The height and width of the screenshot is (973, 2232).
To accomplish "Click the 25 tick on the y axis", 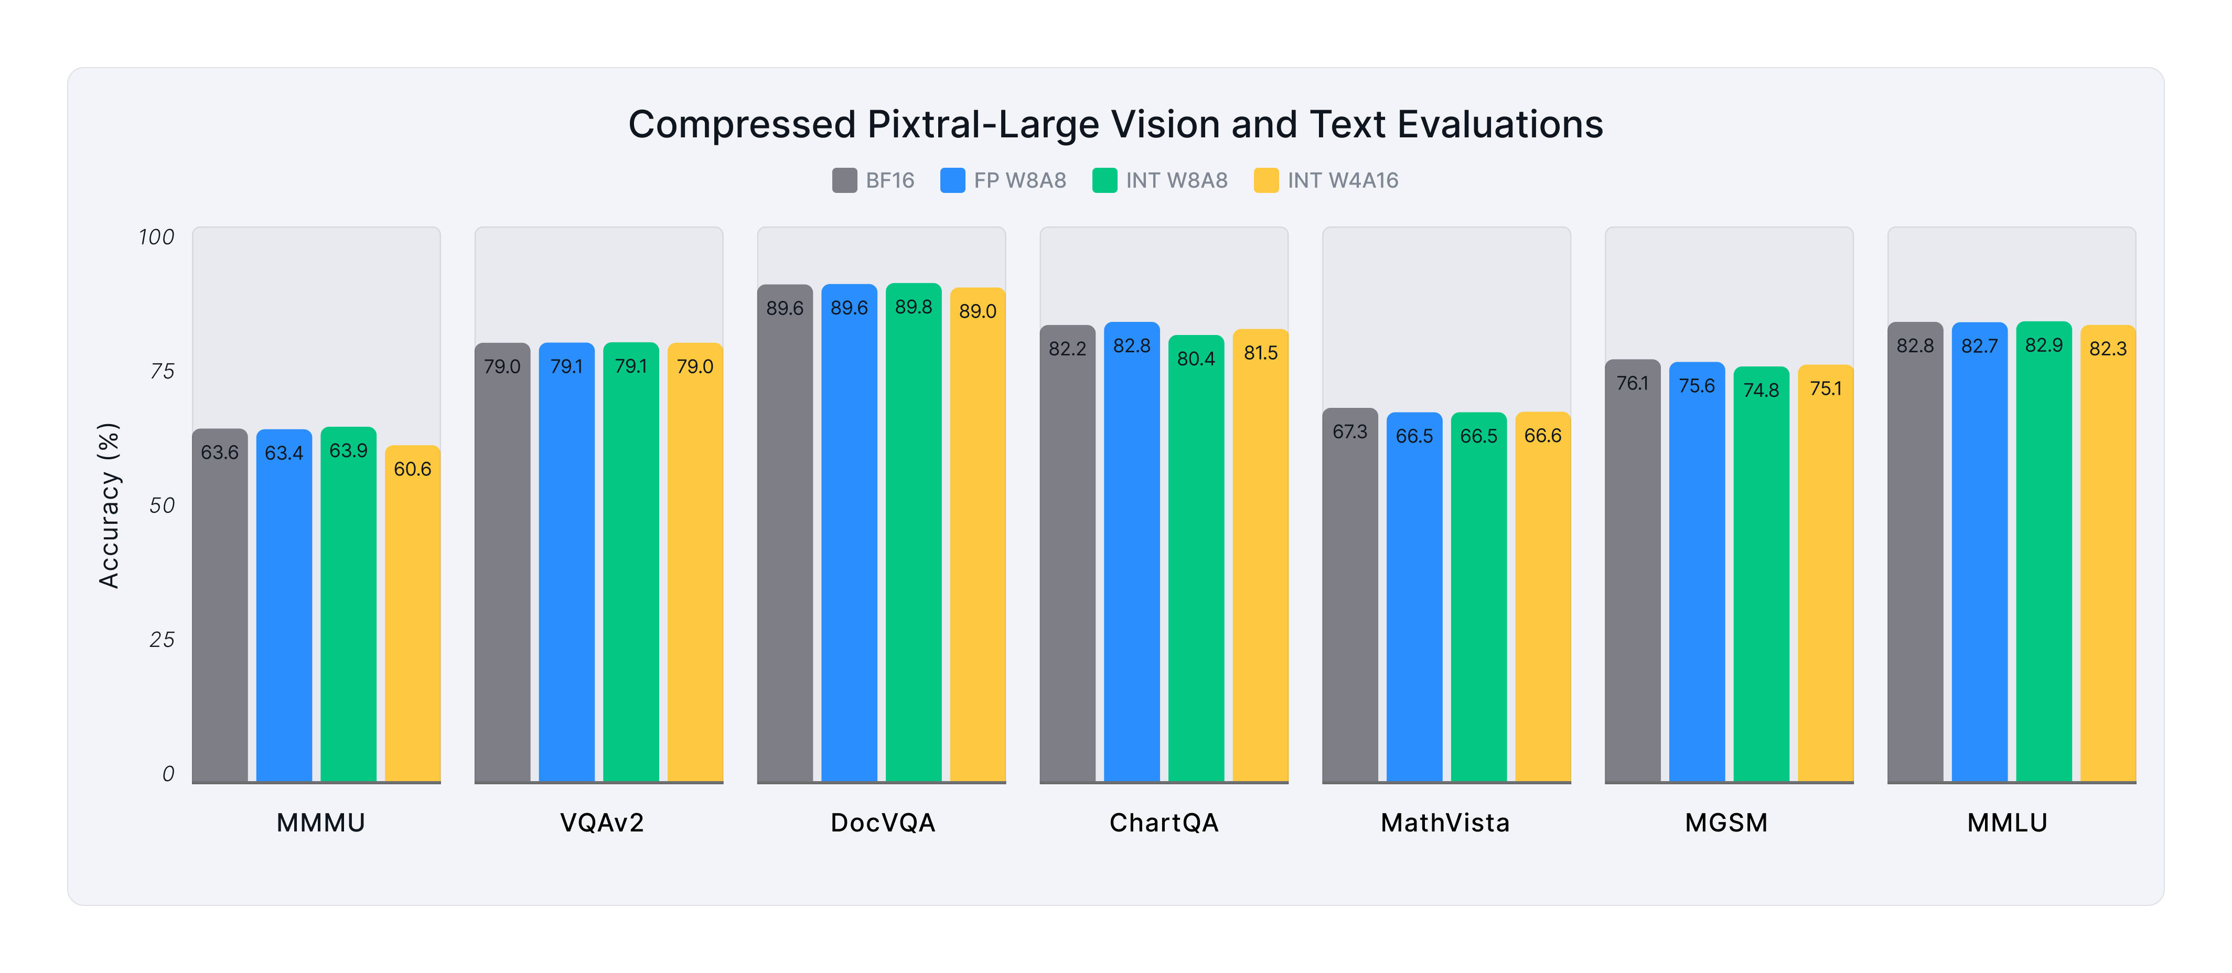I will tap(162, 640).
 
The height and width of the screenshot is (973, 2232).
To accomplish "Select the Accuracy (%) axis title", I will tap(109, 506).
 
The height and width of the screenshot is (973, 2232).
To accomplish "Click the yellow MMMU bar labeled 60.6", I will tap(412, 615).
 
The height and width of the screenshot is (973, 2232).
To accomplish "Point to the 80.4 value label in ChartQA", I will tap(1196, 359).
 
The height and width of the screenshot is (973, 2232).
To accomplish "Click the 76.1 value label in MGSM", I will tap(1633, 383).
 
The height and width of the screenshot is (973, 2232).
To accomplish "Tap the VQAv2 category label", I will tap(602, 822).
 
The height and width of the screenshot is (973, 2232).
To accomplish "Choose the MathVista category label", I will tap(1445, 822).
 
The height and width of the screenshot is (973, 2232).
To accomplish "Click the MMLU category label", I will tap(2006, 822).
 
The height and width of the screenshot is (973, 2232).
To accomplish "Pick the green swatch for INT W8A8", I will tap(1105, 180).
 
